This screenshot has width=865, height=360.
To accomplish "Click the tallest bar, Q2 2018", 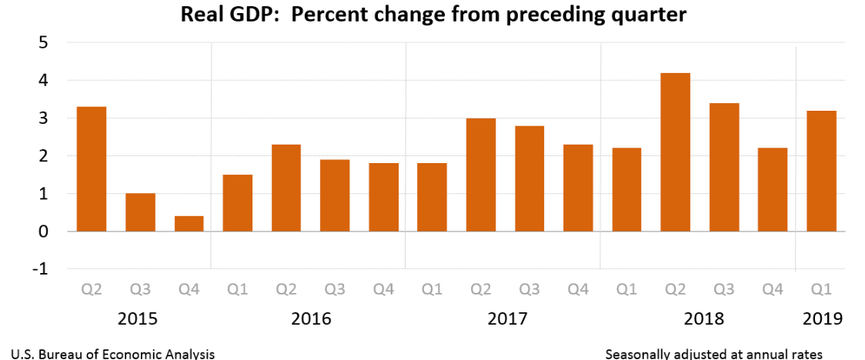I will [675, 152].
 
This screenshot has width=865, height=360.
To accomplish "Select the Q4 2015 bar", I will [189, 224].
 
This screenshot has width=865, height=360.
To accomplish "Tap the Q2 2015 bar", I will [92, 169].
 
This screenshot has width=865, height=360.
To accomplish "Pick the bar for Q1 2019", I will [821, 171].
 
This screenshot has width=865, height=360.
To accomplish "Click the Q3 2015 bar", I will [140, 212].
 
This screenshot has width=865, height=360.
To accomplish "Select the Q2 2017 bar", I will [481, 175].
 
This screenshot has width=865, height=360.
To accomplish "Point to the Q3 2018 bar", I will [724, 167].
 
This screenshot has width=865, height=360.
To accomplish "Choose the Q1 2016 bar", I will [237, 203].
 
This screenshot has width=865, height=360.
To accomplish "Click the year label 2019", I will [821, 318].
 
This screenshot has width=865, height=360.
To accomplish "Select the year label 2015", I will [139, 318].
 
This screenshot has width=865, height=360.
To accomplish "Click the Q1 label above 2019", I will [821, 291].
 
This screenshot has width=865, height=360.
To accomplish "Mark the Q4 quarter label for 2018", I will [773, 291].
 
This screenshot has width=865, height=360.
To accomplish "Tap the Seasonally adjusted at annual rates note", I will [714, 354].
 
